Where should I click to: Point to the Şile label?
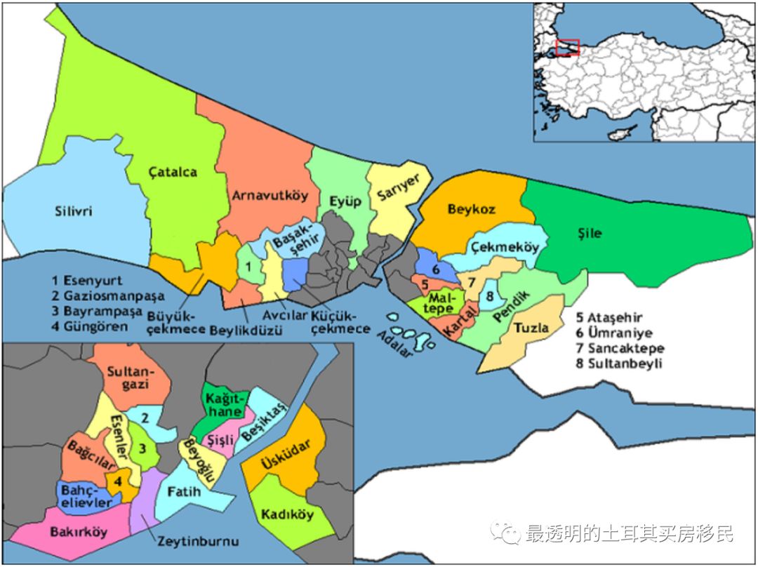tap(591, 233)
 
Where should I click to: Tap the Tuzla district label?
tap(531, 328)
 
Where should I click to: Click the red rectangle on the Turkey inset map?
tap(566, 47)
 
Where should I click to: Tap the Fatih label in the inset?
tap(184, 491)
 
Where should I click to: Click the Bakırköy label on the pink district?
tap(79, 531)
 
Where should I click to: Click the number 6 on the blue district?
tap(436, 268)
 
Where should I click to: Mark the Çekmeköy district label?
tap(505, 248)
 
